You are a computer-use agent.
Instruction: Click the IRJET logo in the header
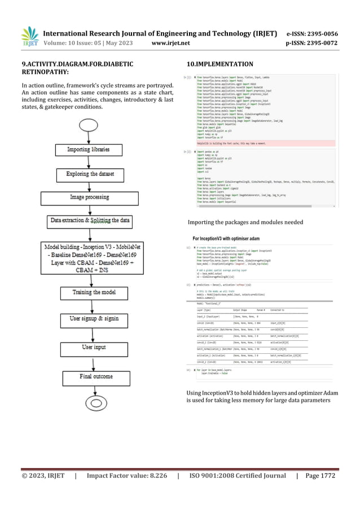click(x=29, y=36)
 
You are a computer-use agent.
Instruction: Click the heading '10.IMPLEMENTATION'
click(x=222, y=63)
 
